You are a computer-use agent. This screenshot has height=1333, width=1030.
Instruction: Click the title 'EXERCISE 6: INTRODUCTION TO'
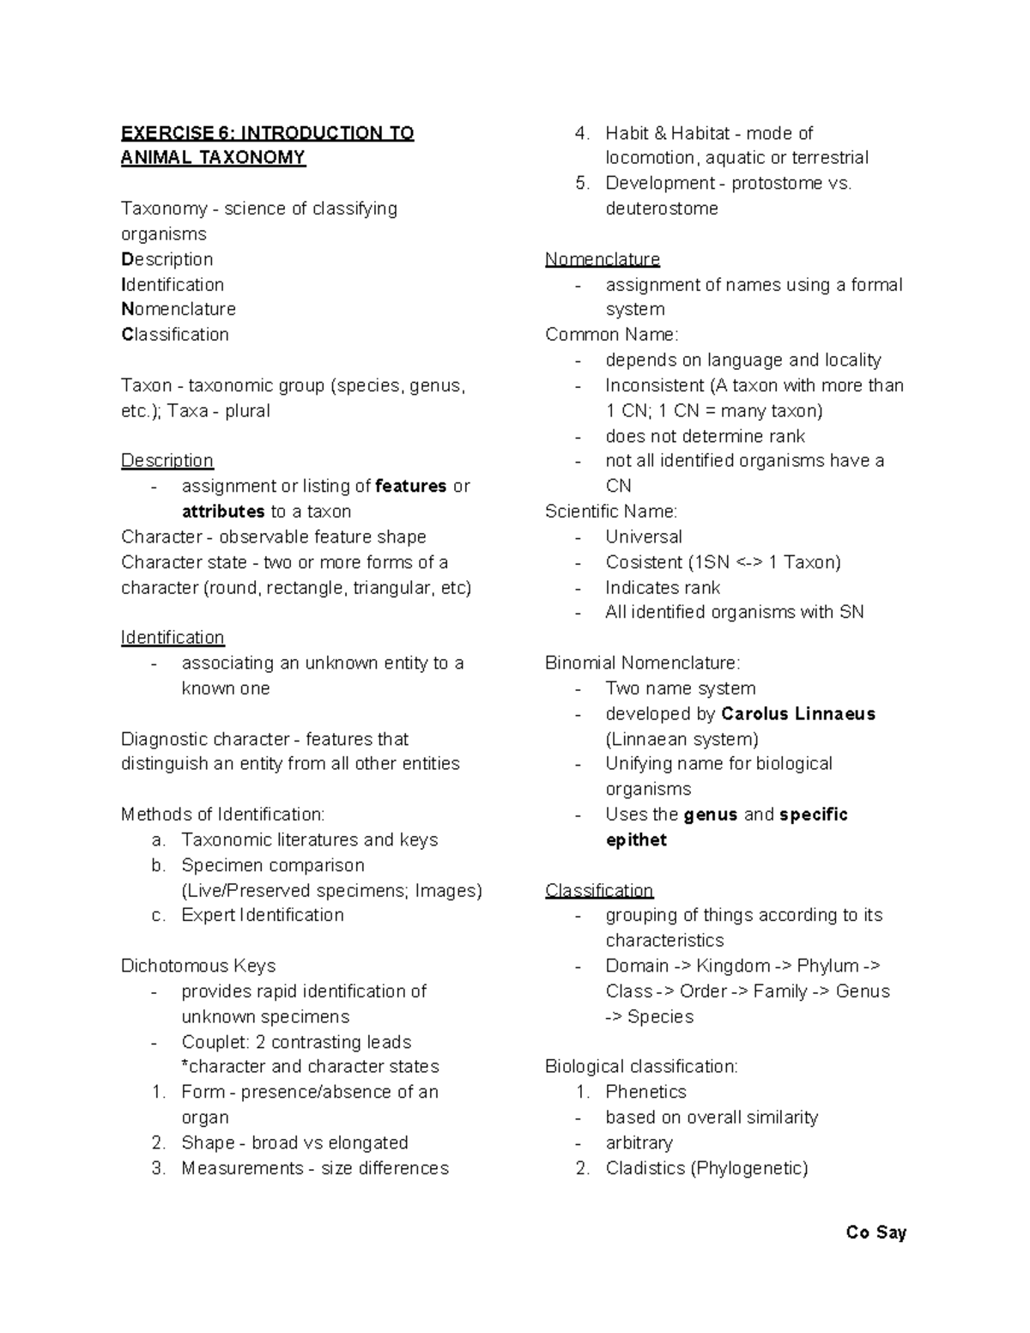click(x=267, y=133)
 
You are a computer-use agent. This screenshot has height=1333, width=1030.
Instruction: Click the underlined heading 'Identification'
click(x=173, y=638)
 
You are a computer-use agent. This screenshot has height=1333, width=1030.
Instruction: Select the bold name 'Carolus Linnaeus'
click(x=798, y=714)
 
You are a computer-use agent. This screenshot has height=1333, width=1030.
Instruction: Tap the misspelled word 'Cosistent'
click(x=644, y=562)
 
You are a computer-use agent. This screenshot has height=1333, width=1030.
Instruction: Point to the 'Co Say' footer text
click(x=875, y=1233)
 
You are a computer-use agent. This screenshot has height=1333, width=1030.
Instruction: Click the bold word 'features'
click(x=411, y=487)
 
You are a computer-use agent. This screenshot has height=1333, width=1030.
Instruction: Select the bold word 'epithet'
click(x=636, y=840)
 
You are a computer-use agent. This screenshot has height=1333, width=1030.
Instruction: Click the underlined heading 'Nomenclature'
click(x=603, y=259)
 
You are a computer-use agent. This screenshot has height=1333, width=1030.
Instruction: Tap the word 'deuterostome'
click(x=661, y=209)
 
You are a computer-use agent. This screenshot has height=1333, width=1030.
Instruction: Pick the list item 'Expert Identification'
click(x=262, y=915)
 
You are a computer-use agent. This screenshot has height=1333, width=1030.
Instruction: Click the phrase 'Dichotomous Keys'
click(x=198, y=966)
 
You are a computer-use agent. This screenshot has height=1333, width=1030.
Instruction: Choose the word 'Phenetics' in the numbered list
click(x=645, y=1092)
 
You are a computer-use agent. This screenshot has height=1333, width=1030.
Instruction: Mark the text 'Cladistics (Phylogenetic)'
click(x=706, y=1168)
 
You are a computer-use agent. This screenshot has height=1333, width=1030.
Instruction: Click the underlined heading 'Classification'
click(x=599, y=890)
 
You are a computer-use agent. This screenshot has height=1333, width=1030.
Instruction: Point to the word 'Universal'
click(x=644, y=537)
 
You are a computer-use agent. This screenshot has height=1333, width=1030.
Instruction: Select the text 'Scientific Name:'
click(x=611, y=512)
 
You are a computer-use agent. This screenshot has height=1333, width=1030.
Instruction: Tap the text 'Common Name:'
click(x=611, y=335)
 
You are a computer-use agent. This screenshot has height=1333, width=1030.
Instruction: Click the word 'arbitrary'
click(x=639, y=1143)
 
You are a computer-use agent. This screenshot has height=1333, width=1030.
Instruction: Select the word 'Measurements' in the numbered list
click(x=242, y=1168)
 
